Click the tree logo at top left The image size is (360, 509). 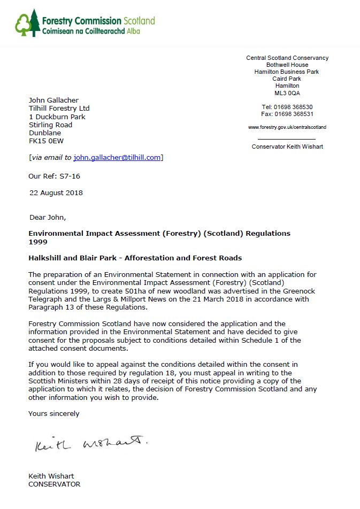(x=27, y=23)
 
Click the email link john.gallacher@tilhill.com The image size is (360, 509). (x=117, y=157)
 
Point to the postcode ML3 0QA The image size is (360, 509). (x=287, y=93)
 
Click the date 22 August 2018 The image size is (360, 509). (x=56, y=193)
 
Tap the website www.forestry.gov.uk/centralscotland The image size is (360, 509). (x=287, y=127)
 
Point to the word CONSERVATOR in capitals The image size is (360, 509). (x=54, y=484)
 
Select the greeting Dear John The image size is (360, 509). (x=48, y=218)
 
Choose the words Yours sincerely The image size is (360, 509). (x=53, y=413)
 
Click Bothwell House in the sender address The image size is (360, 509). (x=287, y=65)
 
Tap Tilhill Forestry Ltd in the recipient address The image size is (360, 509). (x=59, y=109)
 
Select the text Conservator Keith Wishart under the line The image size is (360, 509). (x=287, y=146)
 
